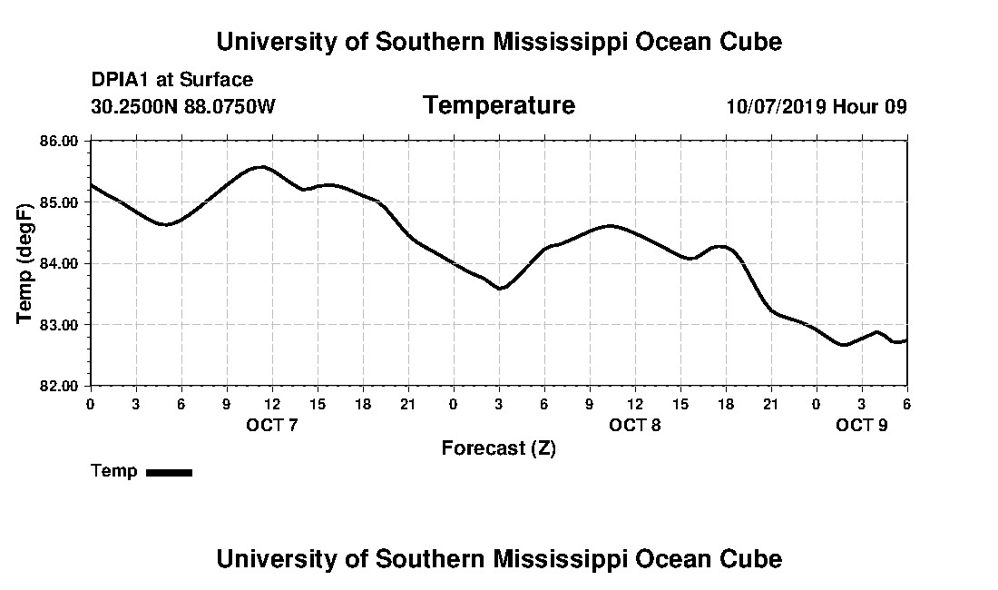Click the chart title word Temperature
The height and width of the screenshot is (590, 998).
[498, 106]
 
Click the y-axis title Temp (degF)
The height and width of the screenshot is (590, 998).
[25, 263]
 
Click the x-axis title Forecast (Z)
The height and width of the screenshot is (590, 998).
[498, 448]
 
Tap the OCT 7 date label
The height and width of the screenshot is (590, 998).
[271, 425]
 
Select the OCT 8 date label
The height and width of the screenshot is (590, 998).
[634, 425]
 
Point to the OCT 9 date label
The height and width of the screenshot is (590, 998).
[861, 425]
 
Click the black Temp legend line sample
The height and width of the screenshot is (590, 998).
[169, 472]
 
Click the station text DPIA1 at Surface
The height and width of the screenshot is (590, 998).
[172, 80]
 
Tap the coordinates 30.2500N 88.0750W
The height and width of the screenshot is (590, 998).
[182, 106]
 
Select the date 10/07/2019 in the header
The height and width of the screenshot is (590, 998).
[776, 106]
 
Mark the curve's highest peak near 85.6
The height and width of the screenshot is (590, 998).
[262, 167]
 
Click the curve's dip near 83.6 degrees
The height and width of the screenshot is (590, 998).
[500, 289]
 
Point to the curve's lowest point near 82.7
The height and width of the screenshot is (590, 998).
[844, 345]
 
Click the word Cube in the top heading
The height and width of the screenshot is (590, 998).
[750, 42]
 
